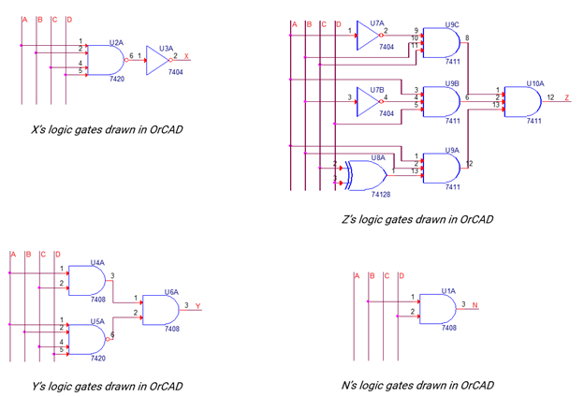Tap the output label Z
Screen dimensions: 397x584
(x=566, y=97)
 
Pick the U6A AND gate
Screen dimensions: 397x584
(x=164, y=310)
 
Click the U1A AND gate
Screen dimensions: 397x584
(x=436, y=307)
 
